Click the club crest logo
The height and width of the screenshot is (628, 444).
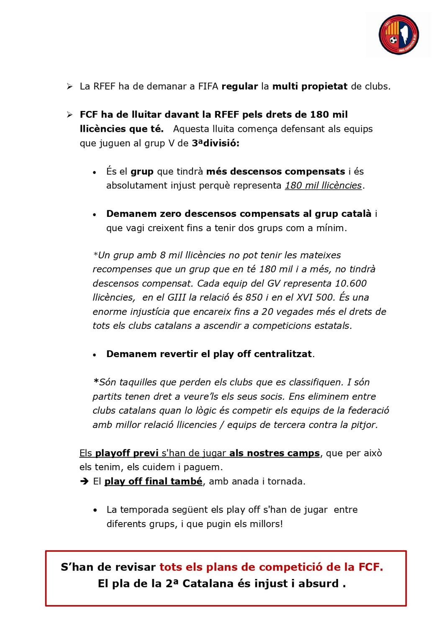pos(398,35)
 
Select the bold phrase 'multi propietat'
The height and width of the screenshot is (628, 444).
pos(310,87)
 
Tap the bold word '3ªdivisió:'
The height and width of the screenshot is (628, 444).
pos(216,143)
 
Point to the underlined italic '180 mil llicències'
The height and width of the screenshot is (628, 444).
pos(323,185)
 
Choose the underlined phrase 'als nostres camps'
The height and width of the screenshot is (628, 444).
pos(275,453)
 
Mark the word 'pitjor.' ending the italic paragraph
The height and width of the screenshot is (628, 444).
pos(363,425)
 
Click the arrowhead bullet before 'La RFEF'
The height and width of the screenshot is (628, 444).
pos(69,87)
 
